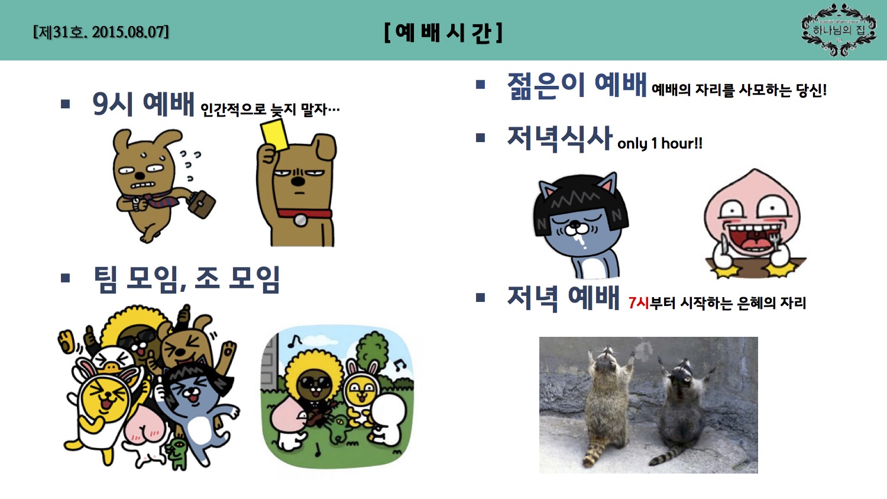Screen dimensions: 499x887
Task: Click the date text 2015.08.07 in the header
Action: [x=130, y=32]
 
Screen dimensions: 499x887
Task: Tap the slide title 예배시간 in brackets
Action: [x=443, y=32]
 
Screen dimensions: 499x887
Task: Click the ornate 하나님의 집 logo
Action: [x=839, y=30]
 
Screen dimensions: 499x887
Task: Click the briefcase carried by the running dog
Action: [x=200, y=203]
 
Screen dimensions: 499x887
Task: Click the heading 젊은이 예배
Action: [x=577, y=85]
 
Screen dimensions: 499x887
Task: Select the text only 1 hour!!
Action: [x=659, y=143]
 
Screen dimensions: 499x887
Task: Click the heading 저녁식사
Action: [x=559, y=138]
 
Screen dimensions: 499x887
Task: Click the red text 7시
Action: [x=639, y=303]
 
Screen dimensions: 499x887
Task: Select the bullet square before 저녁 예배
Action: [x=480, y=297]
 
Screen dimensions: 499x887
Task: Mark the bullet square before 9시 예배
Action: [x=66, y=104]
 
